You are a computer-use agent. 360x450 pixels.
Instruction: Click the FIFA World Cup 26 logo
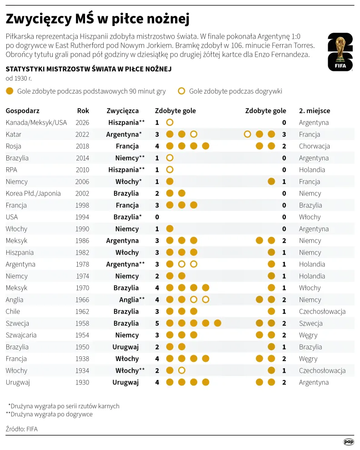[x=340, y=52]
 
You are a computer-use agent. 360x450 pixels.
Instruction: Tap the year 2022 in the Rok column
[x=82, y=134]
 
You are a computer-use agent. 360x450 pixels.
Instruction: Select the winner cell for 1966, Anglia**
[x=132, y=300]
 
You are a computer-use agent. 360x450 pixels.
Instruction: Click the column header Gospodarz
[x=22, y=111]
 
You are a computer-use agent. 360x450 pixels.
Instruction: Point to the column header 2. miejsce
[x=315, y=111]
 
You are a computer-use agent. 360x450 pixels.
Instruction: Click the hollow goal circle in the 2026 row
[x=170, y=123]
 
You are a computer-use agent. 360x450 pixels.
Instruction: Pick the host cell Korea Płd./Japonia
[x=33, y=194]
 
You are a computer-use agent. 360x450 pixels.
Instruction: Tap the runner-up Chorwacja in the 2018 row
[x=314, y=146]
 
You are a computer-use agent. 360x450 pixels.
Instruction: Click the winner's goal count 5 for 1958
[x=157, y=324]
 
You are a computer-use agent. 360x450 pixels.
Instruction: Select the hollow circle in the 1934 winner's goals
[x=182, y=370]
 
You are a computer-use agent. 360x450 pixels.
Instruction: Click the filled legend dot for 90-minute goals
[x=10, y=91]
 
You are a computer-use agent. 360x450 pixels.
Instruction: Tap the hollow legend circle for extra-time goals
[x=181, y=91]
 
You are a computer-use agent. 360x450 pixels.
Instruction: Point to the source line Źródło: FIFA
[x=21, y=429]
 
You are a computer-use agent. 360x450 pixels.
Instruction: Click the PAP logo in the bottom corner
[x=349, y=442]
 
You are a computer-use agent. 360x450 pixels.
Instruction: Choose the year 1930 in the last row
[x=82, y=382]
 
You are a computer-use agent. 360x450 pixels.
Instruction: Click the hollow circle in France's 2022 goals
[x=247, y=134]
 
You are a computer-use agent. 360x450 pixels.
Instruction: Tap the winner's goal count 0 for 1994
[x=157, y=217]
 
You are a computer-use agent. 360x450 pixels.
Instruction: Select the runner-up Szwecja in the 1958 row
[x=310, y=324]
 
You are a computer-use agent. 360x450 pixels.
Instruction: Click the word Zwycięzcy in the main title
[x=39, y=19]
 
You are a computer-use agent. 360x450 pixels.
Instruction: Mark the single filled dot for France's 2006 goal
[x=271, y=181]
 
